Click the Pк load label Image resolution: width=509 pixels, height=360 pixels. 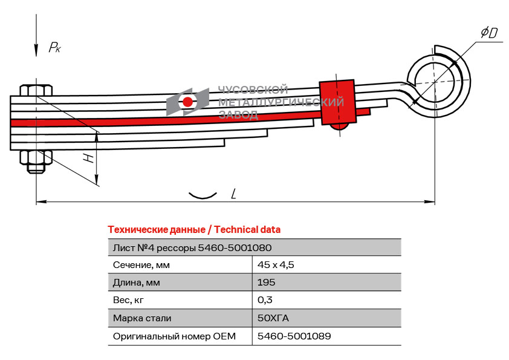click(x=54, y=47)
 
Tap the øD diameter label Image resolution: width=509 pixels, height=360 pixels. click(x=489, y=33)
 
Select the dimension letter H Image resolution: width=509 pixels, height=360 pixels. click(x=88, y=159)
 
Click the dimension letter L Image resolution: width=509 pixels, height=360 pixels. click(x=233, y=194)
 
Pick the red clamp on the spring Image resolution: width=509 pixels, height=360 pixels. click(x=337, y=102)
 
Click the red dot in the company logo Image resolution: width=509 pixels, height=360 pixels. click(x=187, y=102)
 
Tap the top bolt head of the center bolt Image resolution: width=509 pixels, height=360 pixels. click(x=36, y=90)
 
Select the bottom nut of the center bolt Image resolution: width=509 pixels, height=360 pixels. click(x=36, y=162)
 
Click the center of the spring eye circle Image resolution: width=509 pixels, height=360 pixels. click(x=435, y=82)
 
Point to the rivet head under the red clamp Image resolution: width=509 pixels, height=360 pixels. click(x=339, y=126)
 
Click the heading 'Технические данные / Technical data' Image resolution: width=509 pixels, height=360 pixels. click(x=194, y=230)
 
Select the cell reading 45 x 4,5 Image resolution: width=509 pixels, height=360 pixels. click(x=276, y=265)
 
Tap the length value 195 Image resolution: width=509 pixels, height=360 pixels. click(x=266, y=283)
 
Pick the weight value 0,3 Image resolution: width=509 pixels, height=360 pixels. click(x=265, y=300)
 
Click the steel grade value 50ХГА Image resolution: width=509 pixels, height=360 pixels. click(x=273, y=318)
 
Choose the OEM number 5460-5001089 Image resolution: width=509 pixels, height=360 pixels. click(x=294, y=336)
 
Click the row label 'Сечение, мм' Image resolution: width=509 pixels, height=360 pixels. click(x=141, y=265)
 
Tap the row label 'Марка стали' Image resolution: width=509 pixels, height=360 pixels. click(x=142, y=318)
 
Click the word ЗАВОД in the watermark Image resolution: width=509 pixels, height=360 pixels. click(x=238, y=114)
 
